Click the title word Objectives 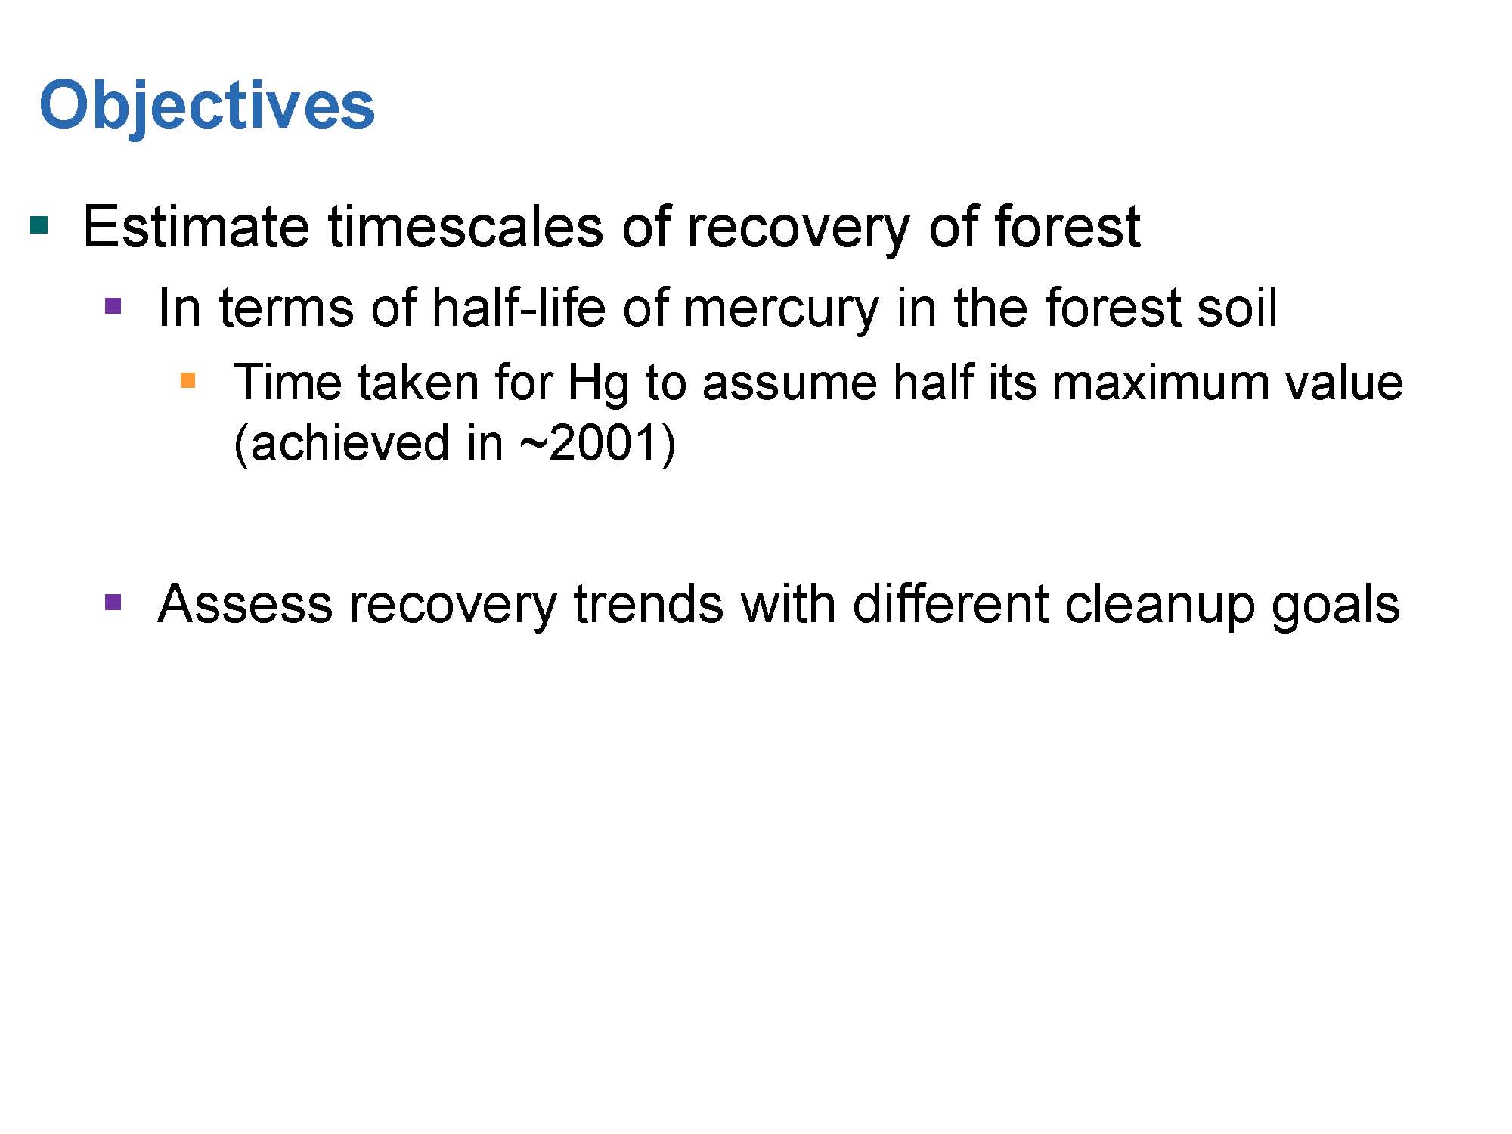(x=207, y=106)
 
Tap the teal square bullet (x=39, y=225)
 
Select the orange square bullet (x=188, y=380)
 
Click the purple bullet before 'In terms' (x=113, y=306)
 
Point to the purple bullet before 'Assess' (x=113, y=603)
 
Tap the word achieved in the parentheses (x=349, y=443)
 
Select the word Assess (x=245, y=604)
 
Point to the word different (x=950, y=604)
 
